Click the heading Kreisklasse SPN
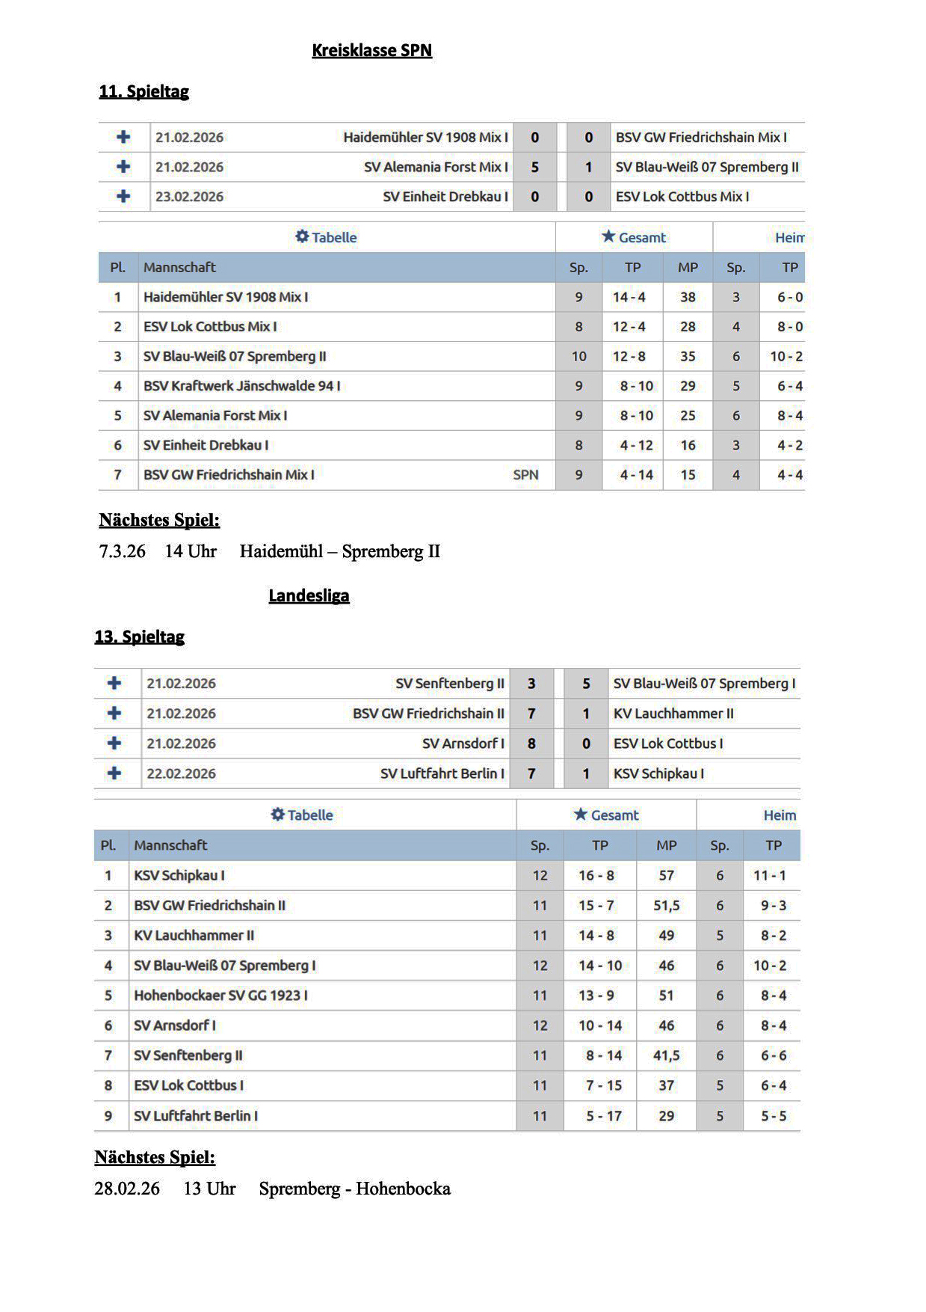371,50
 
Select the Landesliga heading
309,595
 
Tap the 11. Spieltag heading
143,91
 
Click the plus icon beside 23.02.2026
123,196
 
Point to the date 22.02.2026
181,773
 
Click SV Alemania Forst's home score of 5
534,167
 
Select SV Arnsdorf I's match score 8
531,744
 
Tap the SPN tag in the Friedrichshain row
525,475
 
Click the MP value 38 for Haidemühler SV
688,297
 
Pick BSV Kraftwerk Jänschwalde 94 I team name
241,386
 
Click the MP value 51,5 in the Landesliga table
666,905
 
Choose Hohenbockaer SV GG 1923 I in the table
220,996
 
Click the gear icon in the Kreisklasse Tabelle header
302,236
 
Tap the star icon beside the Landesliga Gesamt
580,815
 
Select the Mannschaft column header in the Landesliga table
170,845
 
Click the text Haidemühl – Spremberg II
339,551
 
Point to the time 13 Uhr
209,1189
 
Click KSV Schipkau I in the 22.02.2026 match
658,773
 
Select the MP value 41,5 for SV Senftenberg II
666,1055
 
